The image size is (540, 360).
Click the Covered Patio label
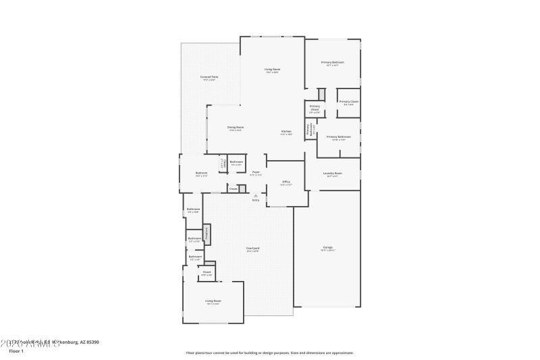(x=209, y=78)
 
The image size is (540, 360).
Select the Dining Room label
(x=235, y=128)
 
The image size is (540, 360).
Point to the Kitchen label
(x=286, y=132)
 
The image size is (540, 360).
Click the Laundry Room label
(x=332, y=174)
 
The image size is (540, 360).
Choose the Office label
(x=286, y=182)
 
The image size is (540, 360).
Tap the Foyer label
(x=256, y=173)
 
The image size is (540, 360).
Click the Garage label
(x=327, y=248)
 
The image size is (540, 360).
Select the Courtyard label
(x=252, y=249)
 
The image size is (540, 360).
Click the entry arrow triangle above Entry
(x=256, y=195)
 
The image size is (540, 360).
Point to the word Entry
(x=256, y=201)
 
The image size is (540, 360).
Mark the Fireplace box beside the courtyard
(x=207, y=234)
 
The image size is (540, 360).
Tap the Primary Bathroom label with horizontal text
(x=339, y=137)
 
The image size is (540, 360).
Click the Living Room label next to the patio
(x=272, y=70)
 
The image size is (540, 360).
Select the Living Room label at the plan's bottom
(x=213, y=301)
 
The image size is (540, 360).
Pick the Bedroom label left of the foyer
(x=201, y=174)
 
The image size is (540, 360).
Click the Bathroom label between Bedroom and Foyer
(x=236, y=163)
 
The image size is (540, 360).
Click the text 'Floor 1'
(x=16, y=351)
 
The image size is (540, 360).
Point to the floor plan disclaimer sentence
(x=269, y=353)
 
